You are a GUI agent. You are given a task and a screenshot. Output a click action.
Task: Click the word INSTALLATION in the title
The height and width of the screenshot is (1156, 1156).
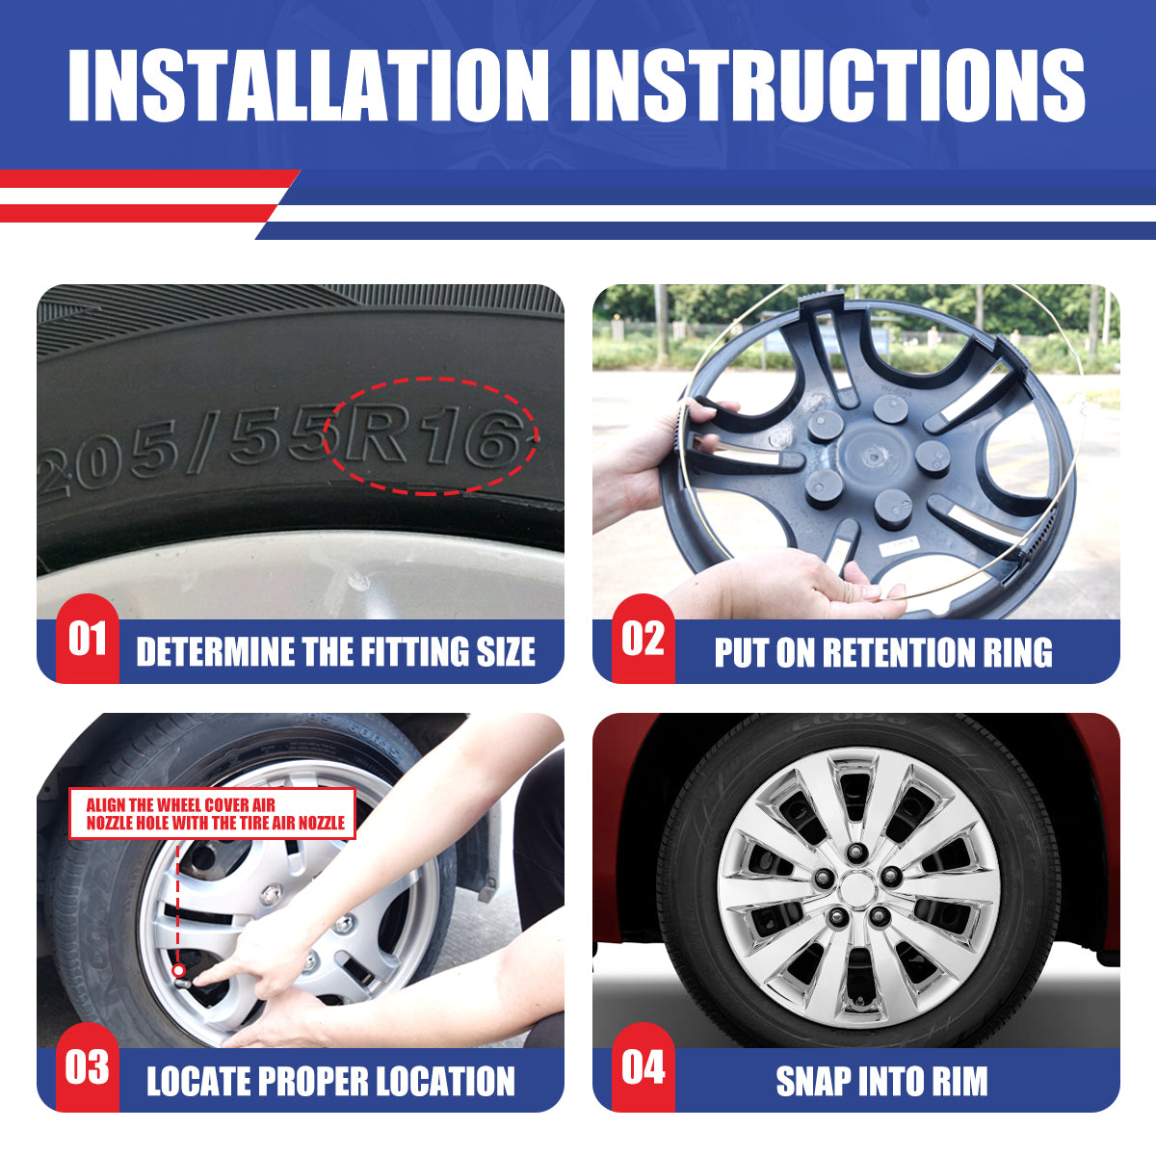coord(308,85)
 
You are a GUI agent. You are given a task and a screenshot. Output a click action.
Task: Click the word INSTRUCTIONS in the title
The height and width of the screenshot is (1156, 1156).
coord(828,85)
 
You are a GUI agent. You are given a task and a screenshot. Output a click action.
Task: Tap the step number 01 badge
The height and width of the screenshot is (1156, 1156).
coord(88,639)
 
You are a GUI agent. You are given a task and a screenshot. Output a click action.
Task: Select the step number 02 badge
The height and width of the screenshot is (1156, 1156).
coord(644,639)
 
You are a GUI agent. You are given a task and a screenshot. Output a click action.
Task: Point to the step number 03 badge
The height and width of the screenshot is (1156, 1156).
coord(88,1067)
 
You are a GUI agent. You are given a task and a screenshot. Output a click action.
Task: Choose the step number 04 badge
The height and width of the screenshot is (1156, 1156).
coord(644,1067)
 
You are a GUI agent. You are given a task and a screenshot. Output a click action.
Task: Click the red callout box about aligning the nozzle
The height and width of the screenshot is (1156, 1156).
coord(212,814)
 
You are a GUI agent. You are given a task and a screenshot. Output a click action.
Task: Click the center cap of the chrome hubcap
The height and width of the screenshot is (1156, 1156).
coord(858,886)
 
